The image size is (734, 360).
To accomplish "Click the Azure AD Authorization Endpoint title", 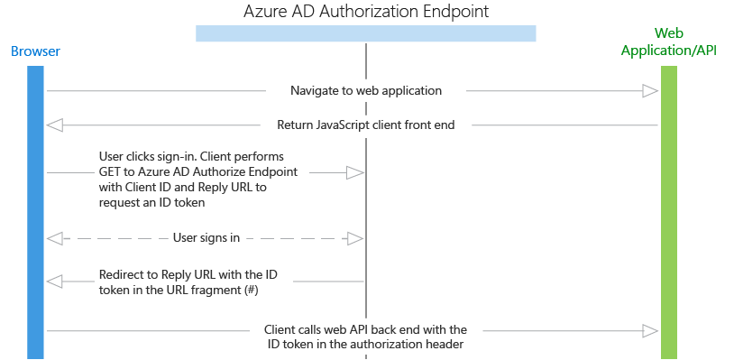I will pyautogui.click(x=365, y=13).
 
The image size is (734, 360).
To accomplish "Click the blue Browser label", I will pyautogui.click(x=35, y=51).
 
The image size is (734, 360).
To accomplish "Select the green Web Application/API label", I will pyautogui.click(x=668, y=42).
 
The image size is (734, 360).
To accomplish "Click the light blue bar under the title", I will pyautogui.click(x=365, y=33).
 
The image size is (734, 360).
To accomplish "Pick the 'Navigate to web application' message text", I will pyautogui.click(x=365, y=91).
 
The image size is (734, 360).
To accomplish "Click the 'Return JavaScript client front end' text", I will pyautogui.click(x=365, y=125).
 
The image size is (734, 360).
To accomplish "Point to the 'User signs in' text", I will pyautogui.click(x=206, y=238).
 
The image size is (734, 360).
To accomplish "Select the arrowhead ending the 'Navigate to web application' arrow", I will pyautogui.click(x=650, y=91).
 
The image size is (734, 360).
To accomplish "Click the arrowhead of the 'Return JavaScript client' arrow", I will pyautogui.click(x=54, y=125).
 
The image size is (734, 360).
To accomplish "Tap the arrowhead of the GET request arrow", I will pyautogui.click(x=355, y=171).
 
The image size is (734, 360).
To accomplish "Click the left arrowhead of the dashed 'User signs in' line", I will pyautogui.click(x=54, y=238).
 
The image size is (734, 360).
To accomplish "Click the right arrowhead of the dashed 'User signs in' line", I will pyautogui.click(x=355, y=238).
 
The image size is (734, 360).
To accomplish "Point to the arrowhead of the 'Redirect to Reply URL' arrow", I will pyautogui.click(x=54, y=282).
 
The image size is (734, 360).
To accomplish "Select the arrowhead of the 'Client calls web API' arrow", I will pyautogui.click(x=650, y=331).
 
